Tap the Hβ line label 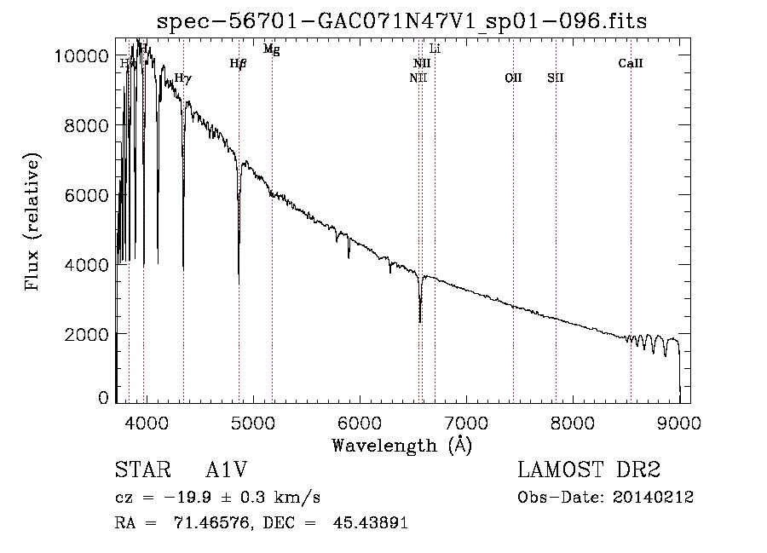coord(238,63)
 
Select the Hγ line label coord(183,78)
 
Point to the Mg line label coord(271,49)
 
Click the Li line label coord(435,49)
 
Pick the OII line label coord(513,78)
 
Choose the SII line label coord(556,78)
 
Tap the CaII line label coord(631,63)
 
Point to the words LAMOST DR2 coord(589,471)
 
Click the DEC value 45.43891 coord(369,523)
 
